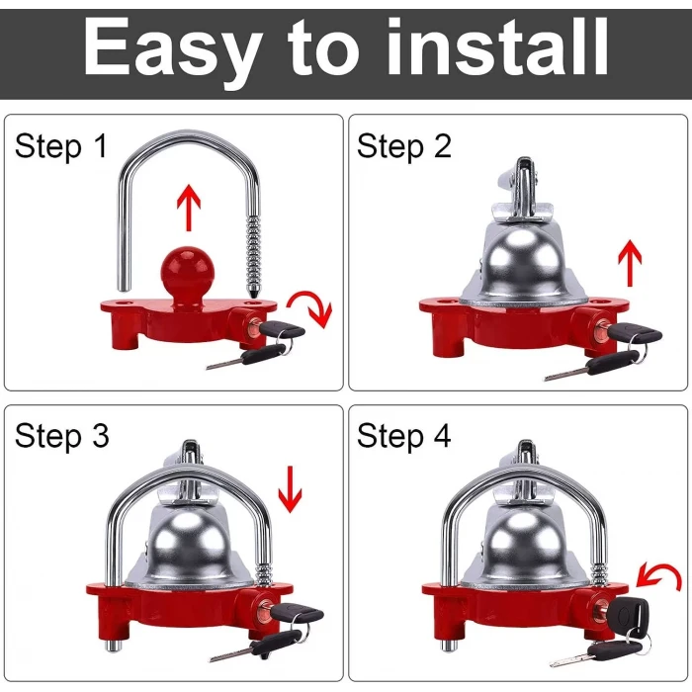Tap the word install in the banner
(497, 46)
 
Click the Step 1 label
(61, 146)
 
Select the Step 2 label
(403, 146)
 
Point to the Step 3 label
(61, 437)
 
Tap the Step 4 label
(403, 437)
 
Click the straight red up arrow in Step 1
(189, 208)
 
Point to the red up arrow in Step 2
(630, 263)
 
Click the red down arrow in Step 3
(290, 489)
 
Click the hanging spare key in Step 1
(247, 357)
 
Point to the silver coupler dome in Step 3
(191, 550)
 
